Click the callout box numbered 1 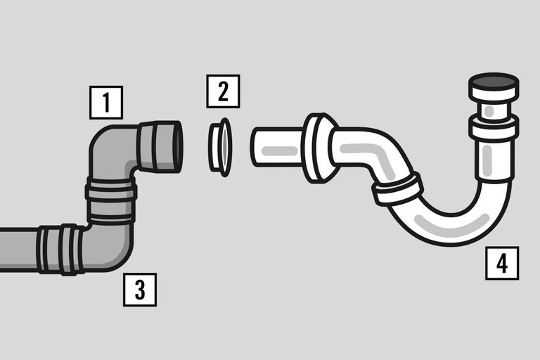point(106,103)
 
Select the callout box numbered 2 point(223,91)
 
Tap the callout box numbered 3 point(140,289)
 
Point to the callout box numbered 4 point(501,263)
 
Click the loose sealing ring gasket point(220,147)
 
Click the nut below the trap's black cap point(494,129)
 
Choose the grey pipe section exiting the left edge point(18,249)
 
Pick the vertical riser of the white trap point(494,165)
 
